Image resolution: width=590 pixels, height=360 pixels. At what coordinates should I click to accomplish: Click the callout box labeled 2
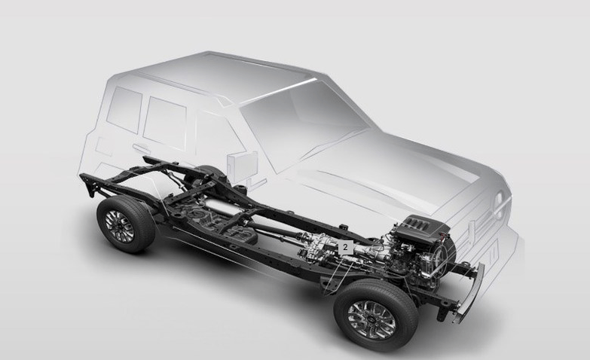345,248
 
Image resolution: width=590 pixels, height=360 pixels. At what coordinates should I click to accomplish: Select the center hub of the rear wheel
120,226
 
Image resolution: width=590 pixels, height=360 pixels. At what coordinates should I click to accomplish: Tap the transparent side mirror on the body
243,166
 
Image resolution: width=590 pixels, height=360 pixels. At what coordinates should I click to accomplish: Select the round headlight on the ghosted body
500,206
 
